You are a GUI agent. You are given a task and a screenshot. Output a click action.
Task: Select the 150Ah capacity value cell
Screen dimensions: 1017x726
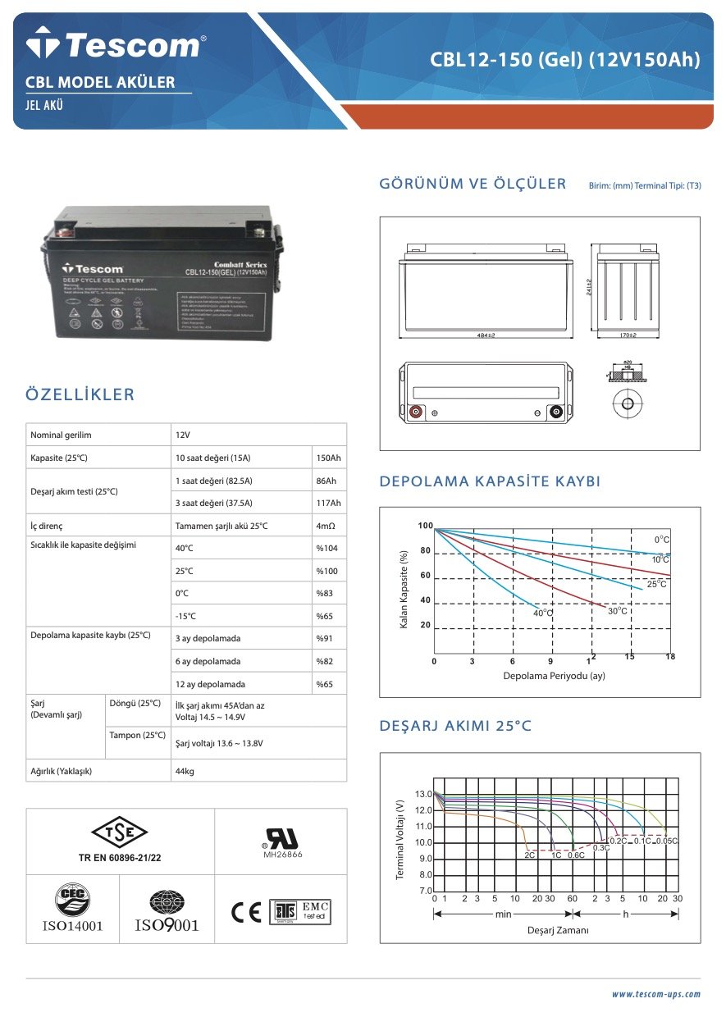[x=328, y=458]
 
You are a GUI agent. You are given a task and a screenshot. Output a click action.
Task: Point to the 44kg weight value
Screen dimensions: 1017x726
[x=185, y=771]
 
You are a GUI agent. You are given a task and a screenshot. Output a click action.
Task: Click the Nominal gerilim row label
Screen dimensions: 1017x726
[x=61, y=435]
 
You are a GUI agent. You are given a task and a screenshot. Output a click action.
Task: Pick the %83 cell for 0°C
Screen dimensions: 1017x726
[x=326, y=593]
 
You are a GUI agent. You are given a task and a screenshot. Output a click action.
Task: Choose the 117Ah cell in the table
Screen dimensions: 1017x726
[x=328, y=503]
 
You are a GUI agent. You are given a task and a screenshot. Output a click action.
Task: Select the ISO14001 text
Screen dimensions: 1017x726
[x=72, y=926]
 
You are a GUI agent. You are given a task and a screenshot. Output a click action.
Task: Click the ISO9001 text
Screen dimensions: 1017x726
[x=167, y=926]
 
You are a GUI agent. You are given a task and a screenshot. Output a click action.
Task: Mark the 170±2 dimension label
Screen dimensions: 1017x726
[x=628, y=335]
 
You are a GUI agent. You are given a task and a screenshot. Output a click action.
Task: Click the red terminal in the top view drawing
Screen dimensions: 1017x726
[x=416, y=413]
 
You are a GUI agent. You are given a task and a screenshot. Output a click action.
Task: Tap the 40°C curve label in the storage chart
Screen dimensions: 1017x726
[x=543, y=613]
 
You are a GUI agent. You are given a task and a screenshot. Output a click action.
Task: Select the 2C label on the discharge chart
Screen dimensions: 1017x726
[x=530, y=855]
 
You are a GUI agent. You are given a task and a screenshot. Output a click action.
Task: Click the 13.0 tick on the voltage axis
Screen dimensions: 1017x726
[x=422, y=794]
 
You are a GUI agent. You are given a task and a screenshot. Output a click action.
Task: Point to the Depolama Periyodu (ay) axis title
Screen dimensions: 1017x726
[x=554, y=676]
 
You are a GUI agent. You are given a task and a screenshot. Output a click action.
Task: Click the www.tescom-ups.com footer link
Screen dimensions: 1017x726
[x=655, y=994]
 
